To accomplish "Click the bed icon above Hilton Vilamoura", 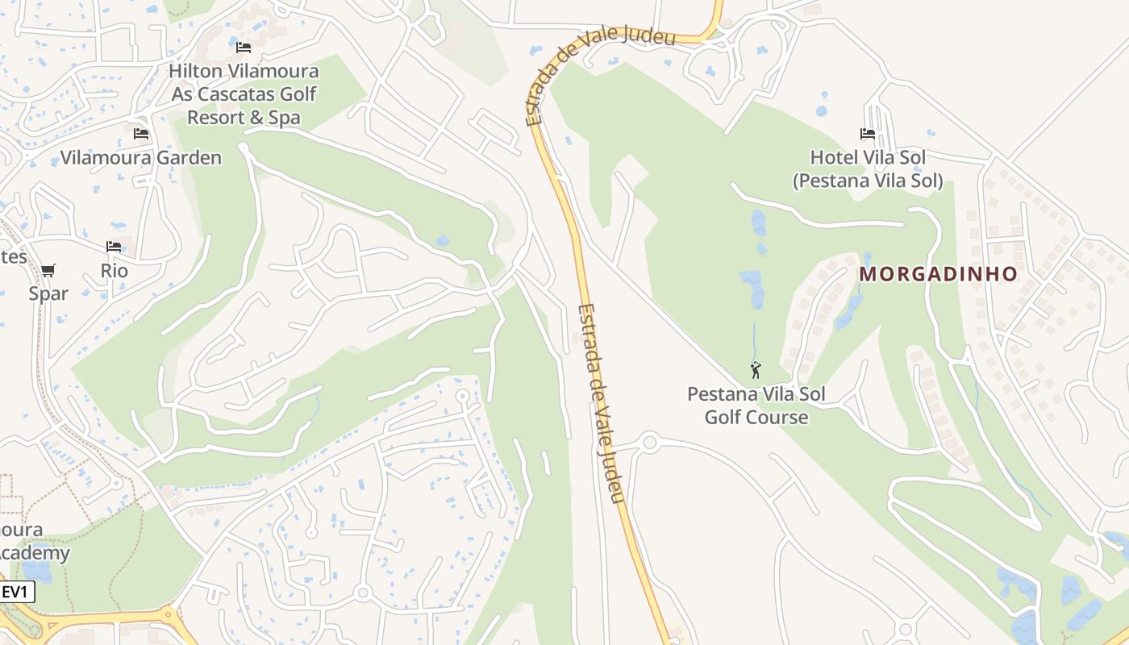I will pyautogui.click(x=244, y=48).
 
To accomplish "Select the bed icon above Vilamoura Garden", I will pyautogui.click(x=141, y=134).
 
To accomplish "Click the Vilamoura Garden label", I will pyautogui.click(x=141, y=157).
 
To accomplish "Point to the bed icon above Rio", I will pyautogui.click(x=114, y=247).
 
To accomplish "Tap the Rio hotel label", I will pyautogui.click(x=115, y=270).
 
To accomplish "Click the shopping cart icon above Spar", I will pyautogui.click(x=48, y=270).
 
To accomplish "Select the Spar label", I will pyautogui.click(x=48, y=293).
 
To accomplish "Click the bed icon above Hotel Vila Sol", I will pyautogui.click(x=868, y=134).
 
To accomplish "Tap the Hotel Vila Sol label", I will pyautogui.click(x=868, y=157).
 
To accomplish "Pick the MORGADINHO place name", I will pyautogui.click(x=939, y=274).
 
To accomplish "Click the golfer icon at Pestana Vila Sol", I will pyautogui.click(x=756, y=371).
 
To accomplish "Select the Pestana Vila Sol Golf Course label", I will pyautogui.click(x=756, y=406).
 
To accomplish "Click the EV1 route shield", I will pyautogui.click(x=15, y=592).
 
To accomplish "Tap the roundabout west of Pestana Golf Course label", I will pyautogui.click(x=650, y=442).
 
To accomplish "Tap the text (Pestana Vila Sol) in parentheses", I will pyautogui.click(x=868, y=181).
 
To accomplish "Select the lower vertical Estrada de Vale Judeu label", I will pyautogui.click(x=602, y=403).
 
